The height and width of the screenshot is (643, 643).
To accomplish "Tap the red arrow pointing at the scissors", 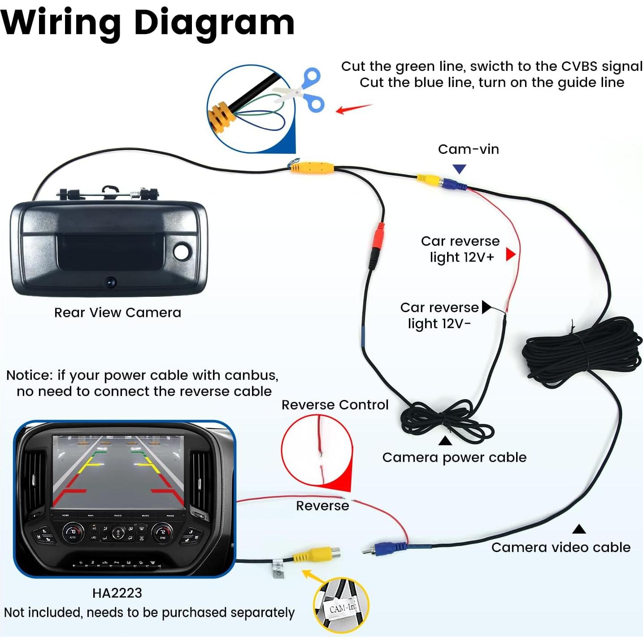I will (x=353, y=108).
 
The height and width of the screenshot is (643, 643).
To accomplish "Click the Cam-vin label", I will (x=468, y=149).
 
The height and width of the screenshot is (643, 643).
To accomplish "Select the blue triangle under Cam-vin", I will (x=459, y=169).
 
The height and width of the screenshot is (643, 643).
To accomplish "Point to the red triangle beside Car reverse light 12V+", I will (x=510, y=254).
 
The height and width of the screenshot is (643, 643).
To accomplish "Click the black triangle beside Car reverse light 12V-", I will (x=486, y=307).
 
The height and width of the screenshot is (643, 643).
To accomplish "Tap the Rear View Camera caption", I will (x=117, y=313).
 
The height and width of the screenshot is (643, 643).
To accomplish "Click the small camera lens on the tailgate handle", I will (x=111, y=282).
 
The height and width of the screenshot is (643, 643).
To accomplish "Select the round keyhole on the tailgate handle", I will (x=182, y=252).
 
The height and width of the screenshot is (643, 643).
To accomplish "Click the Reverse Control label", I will (x=335, y=405).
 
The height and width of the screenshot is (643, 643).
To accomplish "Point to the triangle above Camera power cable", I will (x=445, y=441).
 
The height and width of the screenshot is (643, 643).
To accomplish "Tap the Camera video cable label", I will (x=560, y=547).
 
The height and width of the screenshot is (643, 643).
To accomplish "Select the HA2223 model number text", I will (x=117, y=593).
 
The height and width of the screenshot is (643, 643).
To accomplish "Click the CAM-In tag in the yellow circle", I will (x=343, y=608).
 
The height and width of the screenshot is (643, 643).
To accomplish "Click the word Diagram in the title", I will (x=214, y=22).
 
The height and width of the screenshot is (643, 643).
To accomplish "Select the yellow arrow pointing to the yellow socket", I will (x=314, y=577).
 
